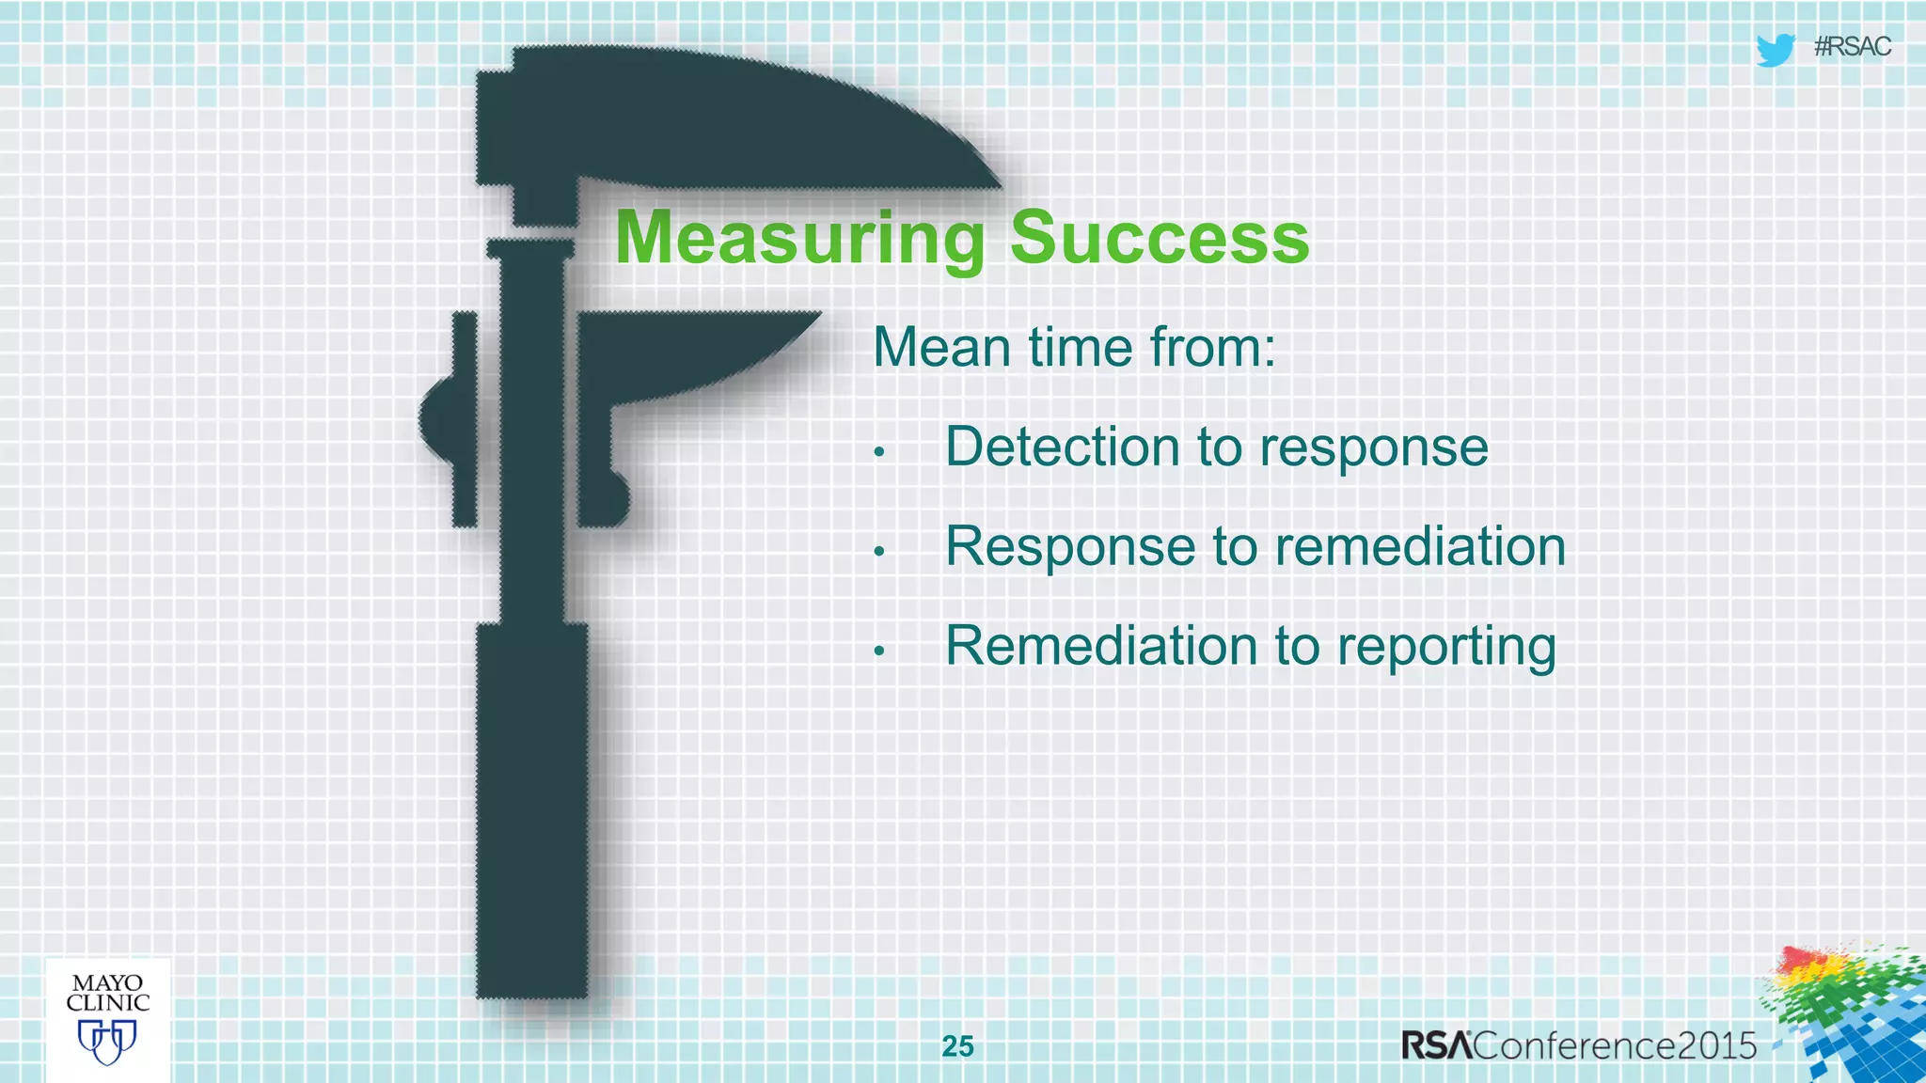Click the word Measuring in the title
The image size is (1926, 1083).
point(799,239)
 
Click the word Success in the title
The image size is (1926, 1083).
point(1159,239)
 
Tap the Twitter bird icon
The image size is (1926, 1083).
point(1775,49)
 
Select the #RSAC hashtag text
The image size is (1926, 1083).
point(1852,47)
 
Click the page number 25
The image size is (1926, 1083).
point(957,1045)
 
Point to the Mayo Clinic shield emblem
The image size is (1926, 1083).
point(107,1042)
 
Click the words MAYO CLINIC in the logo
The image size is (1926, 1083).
point(107,993)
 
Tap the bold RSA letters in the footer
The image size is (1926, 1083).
point(1436,1045)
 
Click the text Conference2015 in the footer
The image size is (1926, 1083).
point(1615,1045)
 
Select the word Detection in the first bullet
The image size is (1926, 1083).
point(1061,447)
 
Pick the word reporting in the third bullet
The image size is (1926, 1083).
point(1446,648)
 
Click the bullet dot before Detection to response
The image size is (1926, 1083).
point(879,452)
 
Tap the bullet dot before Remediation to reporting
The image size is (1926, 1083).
point(879,651)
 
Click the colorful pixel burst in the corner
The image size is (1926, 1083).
point(1848,1015)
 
